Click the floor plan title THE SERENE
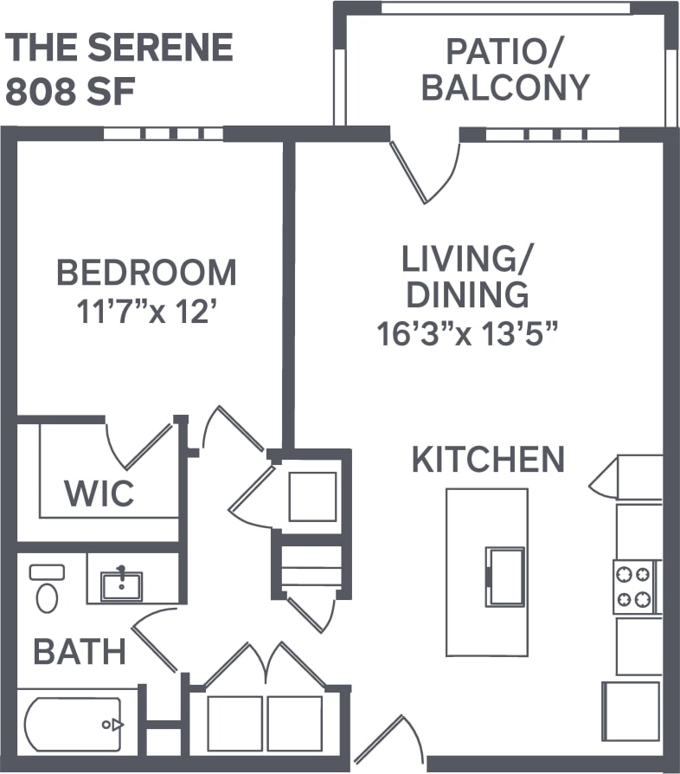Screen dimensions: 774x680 click(120, 47)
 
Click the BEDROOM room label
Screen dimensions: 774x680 click(146, 273)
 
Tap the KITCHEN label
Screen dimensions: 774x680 click(488, 460)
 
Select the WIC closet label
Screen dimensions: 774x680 click(99, 493)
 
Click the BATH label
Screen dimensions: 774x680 click(80, 651)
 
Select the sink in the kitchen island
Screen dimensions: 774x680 click(505, 576)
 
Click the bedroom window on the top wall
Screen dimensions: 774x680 click(164, 134)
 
